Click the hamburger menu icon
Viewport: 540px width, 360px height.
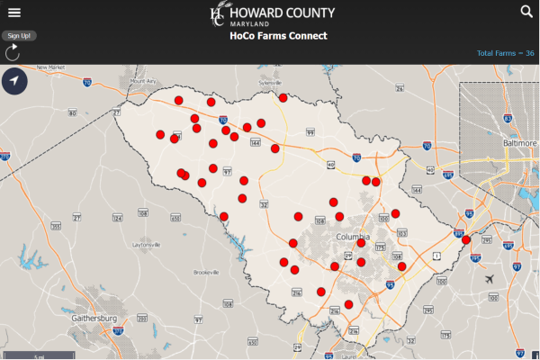point(13,12)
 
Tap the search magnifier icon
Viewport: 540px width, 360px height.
point(526,11)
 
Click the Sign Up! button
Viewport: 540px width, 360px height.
point(18,35)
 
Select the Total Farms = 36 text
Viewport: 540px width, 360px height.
point(505,54)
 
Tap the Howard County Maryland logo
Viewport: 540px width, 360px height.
point(272,13)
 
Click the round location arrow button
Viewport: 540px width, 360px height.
point(15,81)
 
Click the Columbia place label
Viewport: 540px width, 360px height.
point(353,237)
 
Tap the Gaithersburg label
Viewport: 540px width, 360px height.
point(94,319)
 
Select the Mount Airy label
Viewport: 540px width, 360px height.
point(144,81)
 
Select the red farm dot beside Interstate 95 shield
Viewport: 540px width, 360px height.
point(465,239)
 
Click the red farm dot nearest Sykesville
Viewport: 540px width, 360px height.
point(283,97)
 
